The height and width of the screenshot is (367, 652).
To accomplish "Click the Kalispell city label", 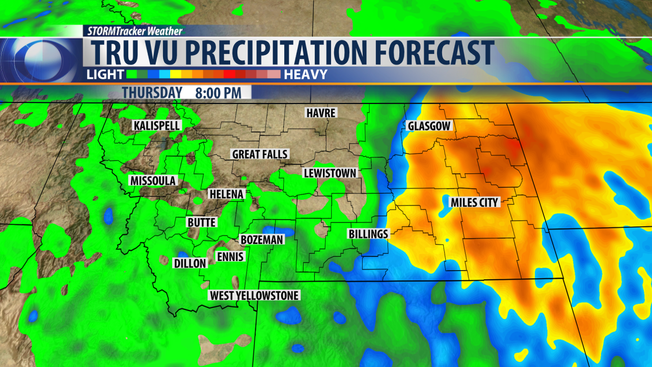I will (157, 125).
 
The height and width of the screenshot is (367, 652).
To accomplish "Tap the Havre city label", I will (321, 113).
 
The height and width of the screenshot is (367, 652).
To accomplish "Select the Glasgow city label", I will (430, 126).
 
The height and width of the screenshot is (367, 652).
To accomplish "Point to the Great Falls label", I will (260, 154).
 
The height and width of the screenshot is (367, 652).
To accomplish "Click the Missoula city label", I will (152, 181).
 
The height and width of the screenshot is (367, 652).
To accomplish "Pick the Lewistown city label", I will (330, 173).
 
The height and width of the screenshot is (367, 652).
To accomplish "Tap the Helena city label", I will (227, 194).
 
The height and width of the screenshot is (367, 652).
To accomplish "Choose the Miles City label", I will (474, 203).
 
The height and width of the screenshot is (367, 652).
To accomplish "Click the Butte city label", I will (202, 222).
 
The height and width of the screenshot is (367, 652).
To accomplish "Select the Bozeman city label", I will (261, 240).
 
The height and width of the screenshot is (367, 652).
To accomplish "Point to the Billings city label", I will (368, 234).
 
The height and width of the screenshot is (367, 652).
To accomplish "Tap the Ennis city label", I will (230, 256).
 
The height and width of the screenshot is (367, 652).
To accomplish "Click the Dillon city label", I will (190, 263).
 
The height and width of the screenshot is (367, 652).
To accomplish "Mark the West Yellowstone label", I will (254, 295).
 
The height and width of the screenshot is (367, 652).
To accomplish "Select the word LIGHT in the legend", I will (105, 74).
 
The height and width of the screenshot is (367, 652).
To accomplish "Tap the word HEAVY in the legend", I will (306, 74).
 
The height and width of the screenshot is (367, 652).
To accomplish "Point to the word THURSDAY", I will (152, 93).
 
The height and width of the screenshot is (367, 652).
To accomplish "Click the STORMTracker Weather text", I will (134, 31).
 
